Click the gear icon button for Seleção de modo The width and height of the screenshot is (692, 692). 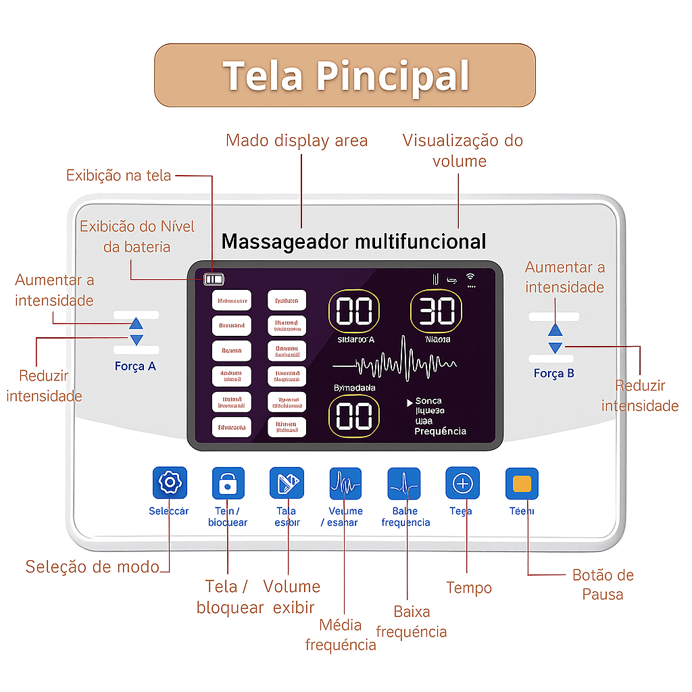[x=169, y=483]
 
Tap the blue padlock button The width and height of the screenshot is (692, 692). [x=228, y=483]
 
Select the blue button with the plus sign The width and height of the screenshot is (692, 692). [x=462, y=483]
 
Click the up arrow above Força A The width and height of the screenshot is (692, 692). [x=137, y=324]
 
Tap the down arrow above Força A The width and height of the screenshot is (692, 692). [x=137, y=340]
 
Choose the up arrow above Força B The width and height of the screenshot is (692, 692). [x=555, y=330]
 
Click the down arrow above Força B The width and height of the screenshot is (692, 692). [x=555, y=347]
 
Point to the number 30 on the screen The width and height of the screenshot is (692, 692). [x=437, y=312]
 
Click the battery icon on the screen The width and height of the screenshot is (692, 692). [x=214, y=278]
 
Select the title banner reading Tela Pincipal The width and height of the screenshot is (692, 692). [x=345, y=75]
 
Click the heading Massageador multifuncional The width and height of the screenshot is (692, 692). [x=353, y=241]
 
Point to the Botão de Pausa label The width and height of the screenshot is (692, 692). [x=603, y=585]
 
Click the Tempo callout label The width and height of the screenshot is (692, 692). [x=469, y=588]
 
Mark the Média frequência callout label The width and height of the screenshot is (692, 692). [x=341, y=635]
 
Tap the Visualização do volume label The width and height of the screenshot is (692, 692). [x=462, y=150]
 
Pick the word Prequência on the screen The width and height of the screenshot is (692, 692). [x=440, y=431]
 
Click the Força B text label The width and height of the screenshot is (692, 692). [x=553, y=373]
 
